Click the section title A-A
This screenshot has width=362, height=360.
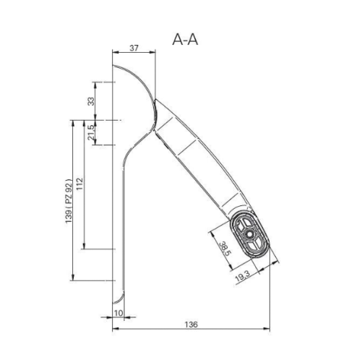pos(185,40)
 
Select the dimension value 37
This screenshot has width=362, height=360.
pos(134,48)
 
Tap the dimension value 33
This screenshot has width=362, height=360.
pos(91,101)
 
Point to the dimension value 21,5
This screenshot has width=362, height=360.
pos(91,132)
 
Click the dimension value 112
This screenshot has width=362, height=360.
pos(79,184)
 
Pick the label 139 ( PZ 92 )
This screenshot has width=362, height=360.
pos(69,201)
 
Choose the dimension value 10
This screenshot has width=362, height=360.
pos(118,313)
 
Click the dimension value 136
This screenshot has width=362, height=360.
pos(191,325)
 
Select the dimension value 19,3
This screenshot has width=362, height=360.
pos(243,276)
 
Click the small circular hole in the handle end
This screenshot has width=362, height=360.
pos(249,233)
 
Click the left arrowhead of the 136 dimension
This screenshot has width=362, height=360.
pos(116,328)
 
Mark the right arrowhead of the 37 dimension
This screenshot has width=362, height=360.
pos(152,51)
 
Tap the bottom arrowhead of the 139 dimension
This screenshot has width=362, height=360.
pos(73,278)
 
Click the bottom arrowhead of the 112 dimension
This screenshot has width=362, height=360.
pos(84,246)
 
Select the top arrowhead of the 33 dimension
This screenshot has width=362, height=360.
pos(95,85)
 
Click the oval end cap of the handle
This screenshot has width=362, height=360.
pos(249,234)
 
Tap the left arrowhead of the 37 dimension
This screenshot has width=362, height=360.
pos(116,51)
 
